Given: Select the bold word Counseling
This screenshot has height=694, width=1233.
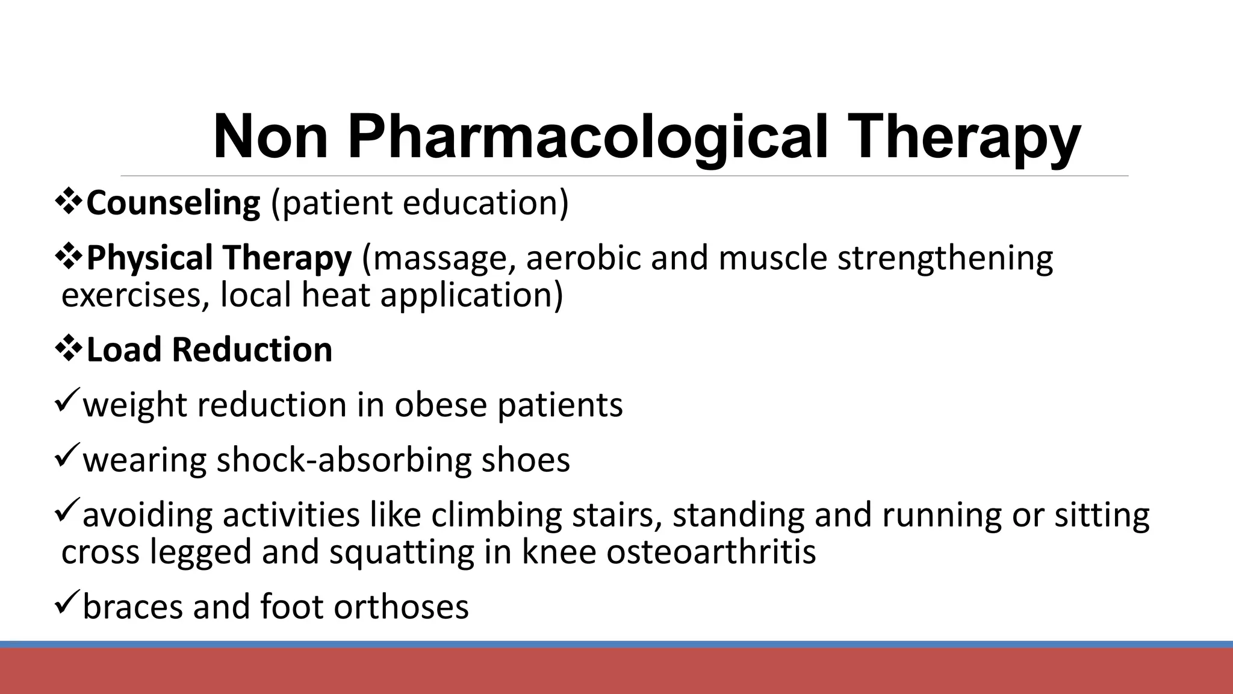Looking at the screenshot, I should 173,202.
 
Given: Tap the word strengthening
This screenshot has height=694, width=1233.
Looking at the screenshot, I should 945,259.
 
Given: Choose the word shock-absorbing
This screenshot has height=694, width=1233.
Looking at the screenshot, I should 343,460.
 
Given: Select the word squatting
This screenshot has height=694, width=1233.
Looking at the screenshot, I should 402,553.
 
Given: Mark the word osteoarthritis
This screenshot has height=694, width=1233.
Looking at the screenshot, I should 711,552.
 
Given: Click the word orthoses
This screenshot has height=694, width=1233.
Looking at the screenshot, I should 402,607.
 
